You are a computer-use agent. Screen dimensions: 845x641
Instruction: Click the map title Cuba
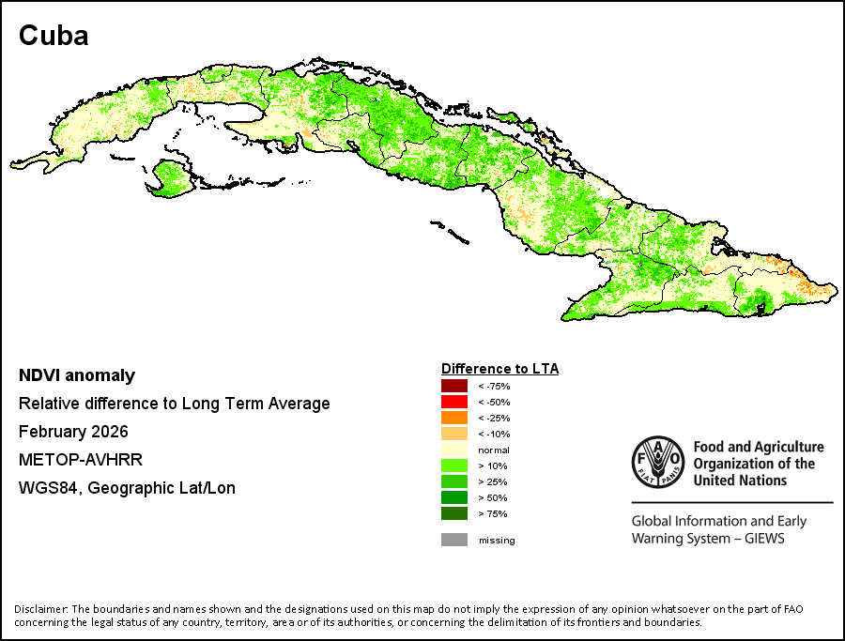click(x=54, y=36)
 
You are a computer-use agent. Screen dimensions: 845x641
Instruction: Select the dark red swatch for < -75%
click(x=454, y=386)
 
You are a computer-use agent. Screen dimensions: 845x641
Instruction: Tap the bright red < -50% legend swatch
click(x=454, y=402)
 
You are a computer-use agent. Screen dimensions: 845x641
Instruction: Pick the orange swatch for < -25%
click(x=454, y=418)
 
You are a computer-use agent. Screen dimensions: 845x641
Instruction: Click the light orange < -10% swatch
click(x=454, y=434)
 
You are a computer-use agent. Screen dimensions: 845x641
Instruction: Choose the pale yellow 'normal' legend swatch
click(x=454, y=450)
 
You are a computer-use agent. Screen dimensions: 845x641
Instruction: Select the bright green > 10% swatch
click(x=454, y=465)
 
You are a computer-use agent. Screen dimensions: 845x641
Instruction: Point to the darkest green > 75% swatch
click(x=454, y=513)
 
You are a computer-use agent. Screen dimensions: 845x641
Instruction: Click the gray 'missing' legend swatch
click(x=454, y=540)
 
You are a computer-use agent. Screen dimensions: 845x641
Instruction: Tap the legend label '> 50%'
click(x=493, y=497)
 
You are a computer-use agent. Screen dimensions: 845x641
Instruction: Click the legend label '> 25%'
click(x=493, y=482)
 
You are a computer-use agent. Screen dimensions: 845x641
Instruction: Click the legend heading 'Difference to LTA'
click(x=500, y=369)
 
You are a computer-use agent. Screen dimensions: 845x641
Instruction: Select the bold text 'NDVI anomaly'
click(x=77, y=375)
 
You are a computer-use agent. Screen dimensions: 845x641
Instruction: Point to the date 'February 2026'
click(x=73, y=432)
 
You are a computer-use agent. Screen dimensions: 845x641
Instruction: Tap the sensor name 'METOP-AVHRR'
click(x=81, y=460)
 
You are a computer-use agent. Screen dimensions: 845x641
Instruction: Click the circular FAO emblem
click(x=658, y=462)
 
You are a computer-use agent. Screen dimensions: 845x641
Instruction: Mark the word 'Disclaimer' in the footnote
click(x=40, y=609)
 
